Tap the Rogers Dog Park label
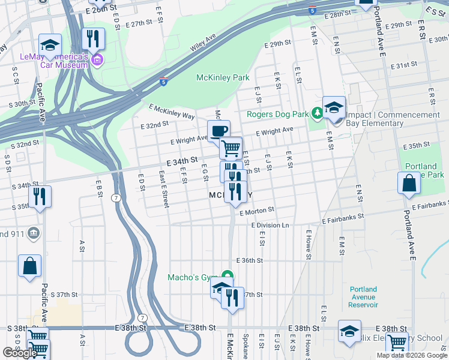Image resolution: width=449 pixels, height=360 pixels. pos(277,114)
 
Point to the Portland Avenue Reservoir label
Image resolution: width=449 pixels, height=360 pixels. pos(363,297)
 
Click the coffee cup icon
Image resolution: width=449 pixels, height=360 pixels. pos(218,131)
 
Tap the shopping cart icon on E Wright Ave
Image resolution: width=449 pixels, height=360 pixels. pos(231,147)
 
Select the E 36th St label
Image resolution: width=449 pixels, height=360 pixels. pos(250,260)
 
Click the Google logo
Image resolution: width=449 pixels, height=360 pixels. pos(20,353)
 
